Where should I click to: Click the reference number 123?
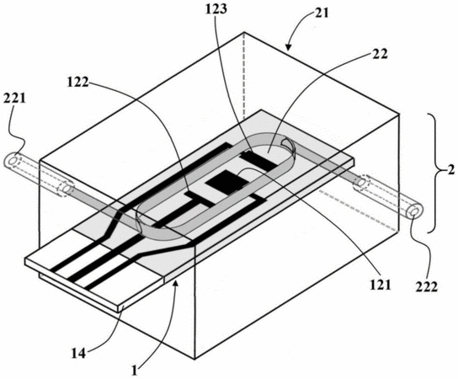coord(216,9)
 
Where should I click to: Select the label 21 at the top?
coord(322,13)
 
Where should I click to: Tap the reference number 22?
coord(380,54)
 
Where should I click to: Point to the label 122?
coord(78,83)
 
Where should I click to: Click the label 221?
coord(14,99)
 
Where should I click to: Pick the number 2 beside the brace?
coord(451,170)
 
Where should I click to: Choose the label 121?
coord(380,285)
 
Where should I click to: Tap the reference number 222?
coord(427,287)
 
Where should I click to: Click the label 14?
coord(79,354)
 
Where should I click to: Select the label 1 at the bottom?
coord(134,371)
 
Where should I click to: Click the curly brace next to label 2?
coord(435,173)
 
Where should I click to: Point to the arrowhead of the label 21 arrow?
coord(288,48)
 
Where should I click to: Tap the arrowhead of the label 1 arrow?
coord(175,281)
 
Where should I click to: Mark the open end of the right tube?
coord(414,212)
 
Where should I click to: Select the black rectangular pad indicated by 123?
coord(259,160)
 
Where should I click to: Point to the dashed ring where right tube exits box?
coord(361,183)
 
